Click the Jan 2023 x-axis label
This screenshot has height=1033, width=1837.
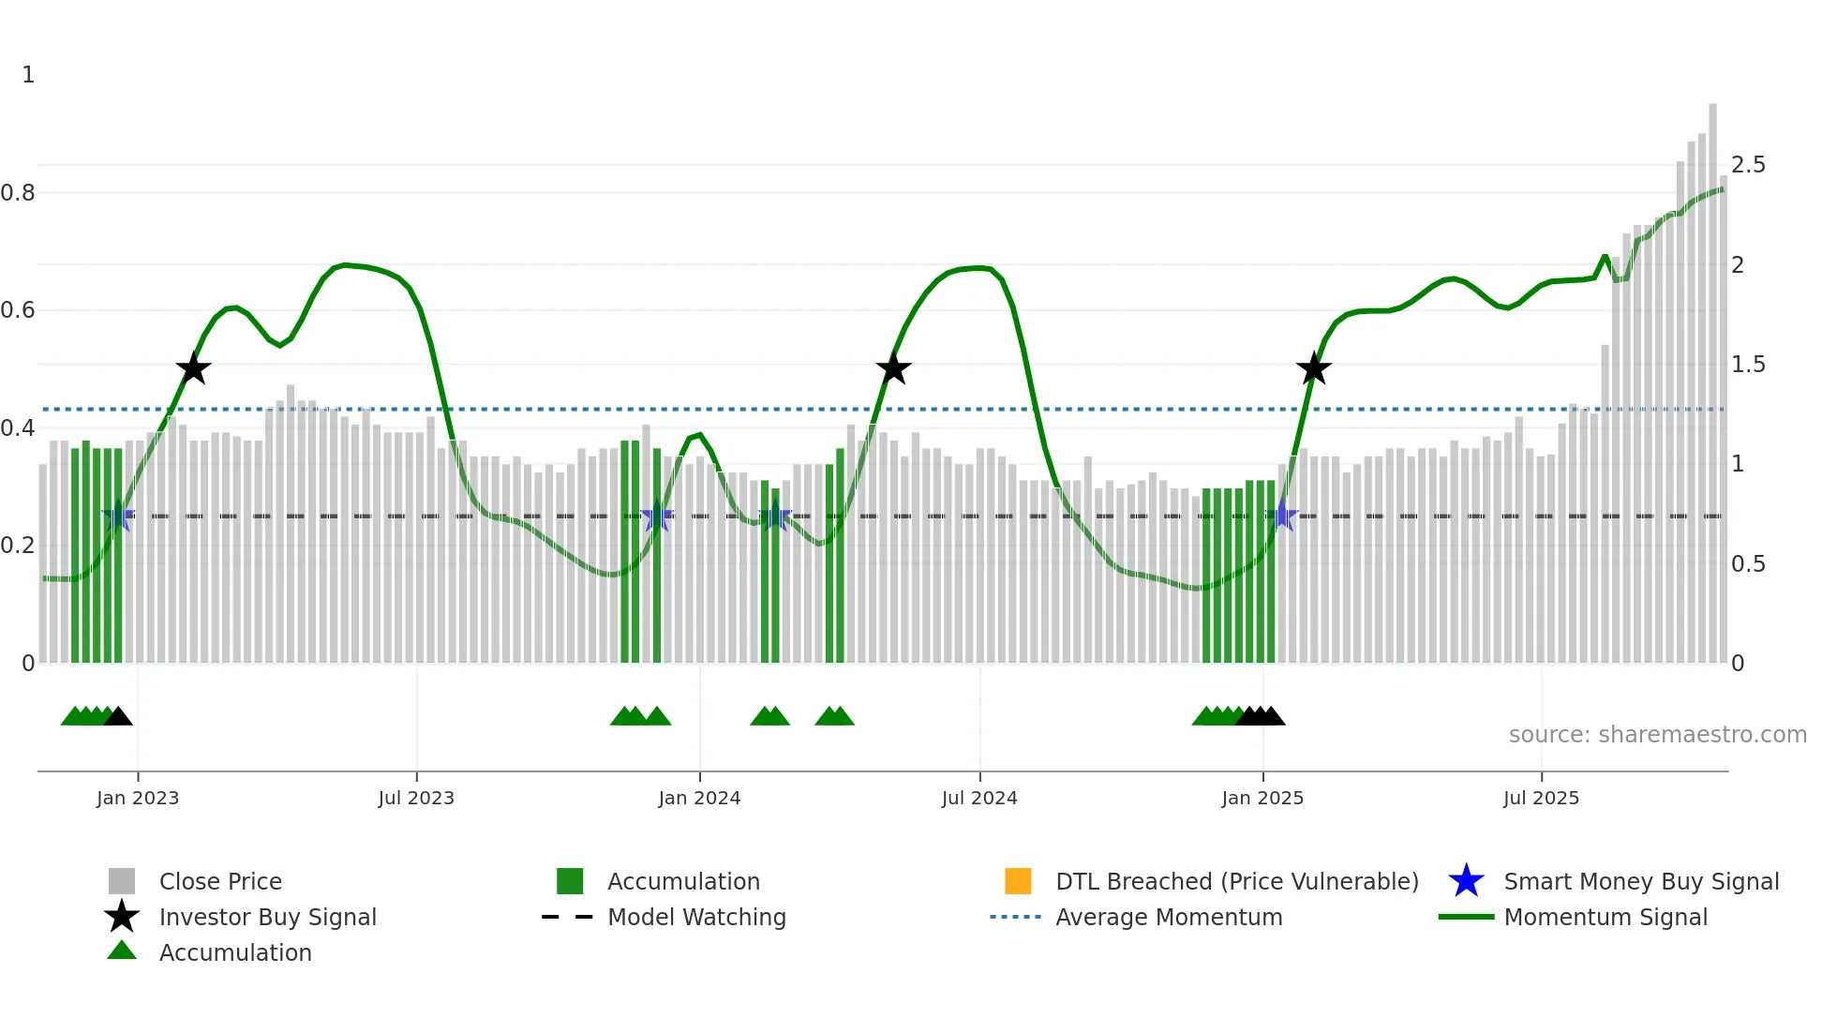tap(138, 798)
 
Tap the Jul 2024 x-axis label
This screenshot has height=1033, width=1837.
tap(979, 798)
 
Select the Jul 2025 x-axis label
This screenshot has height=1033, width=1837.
tap(1541, 798)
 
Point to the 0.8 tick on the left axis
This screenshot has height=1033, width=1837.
tap(18, 193)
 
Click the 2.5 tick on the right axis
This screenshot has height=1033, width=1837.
tap(1748, 165)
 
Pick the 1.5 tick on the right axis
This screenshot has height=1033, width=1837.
tap(1748, 365)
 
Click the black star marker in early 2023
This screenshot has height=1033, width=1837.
tap(193, 368)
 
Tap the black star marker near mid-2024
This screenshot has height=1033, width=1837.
tap(893, 368)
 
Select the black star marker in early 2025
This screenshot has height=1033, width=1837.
tap(1313, 368)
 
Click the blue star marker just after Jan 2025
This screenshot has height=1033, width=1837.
tap(1282, 516)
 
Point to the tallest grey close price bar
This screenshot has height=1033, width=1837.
tap(1712, 375)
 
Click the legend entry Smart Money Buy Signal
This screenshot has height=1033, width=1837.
tap(1640, 881)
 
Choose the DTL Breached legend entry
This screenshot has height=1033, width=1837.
tap(1236, 881)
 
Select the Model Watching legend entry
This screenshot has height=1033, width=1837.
tap(696, 917)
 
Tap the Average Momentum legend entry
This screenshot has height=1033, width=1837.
tap(1168, 917)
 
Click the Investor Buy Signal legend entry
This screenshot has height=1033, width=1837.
tap(267, 917)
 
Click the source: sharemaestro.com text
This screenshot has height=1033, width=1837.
tap(1657, 735)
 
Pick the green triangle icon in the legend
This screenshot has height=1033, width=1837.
tap(122, 951)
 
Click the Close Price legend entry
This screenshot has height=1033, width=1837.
tap(220, 881)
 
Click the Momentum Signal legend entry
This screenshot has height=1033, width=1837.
tap(1605, 917)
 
